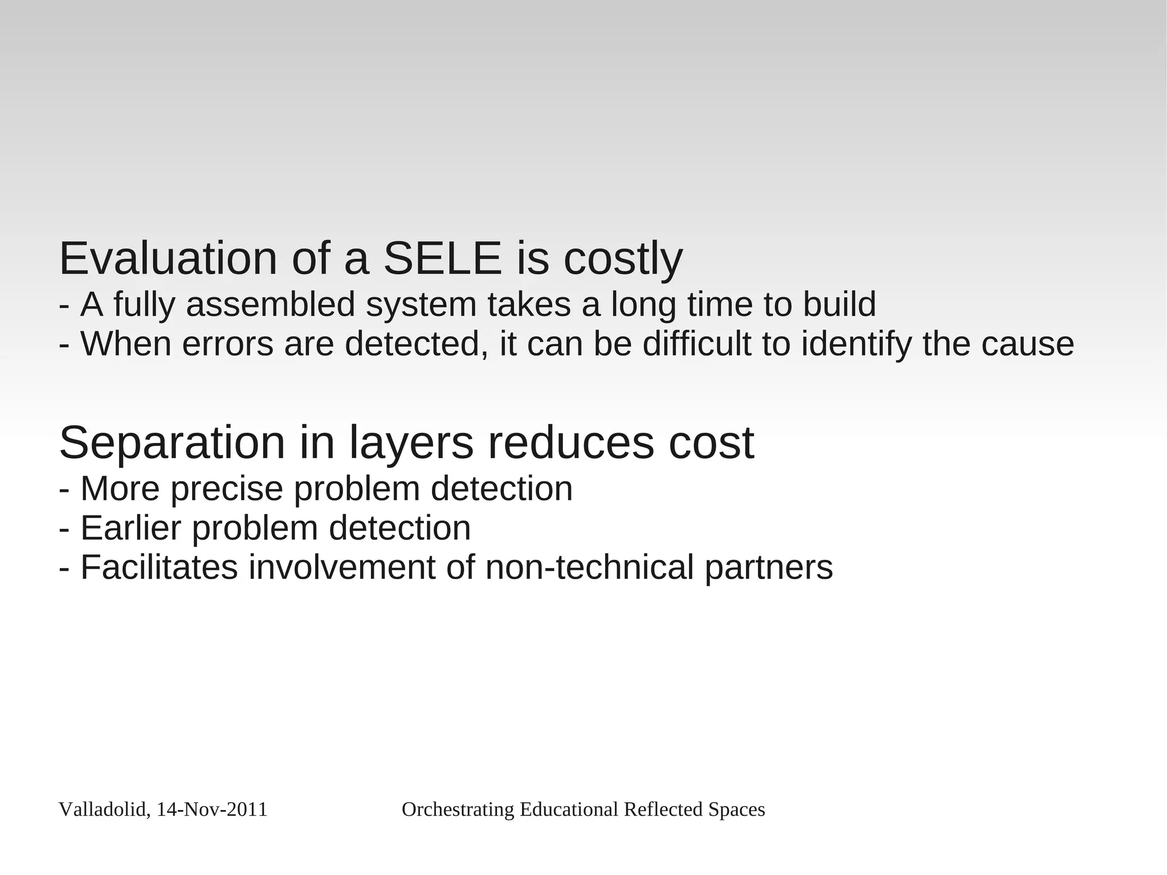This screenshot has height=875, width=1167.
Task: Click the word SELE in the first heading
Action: (x=442, y=259)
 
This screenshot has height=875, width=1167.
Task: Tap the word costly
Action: (x=623, y=260)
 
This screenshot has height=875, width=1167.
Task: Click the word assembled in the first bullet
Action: (x=271, y=304)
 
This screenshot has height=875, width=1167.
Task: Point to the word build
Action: (x=839, y=304)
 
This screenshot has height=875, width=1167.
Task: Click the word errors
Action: (x=227, y=344)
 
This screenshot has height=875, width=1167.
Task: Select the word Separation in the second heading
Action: (x=172, y=443)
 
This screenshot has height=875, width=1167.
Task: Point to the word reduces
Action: (x=570, y=443)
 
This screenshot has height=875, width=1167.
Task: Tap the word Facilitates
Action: (x=159, y=568)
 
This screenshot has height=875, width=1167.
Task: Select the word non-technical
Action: (x=589, y=568)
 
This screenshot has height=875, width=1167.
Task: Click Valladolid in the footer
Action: (x=103, y=809)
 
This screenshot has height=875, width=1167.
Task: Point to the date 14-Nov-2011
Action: (x=211, y=809)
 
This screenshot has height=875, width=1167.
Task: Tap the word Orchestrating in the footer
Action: (x=458, y=809)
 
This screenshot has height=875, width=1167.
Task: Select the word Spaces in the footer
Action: (x=736, y=810)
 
